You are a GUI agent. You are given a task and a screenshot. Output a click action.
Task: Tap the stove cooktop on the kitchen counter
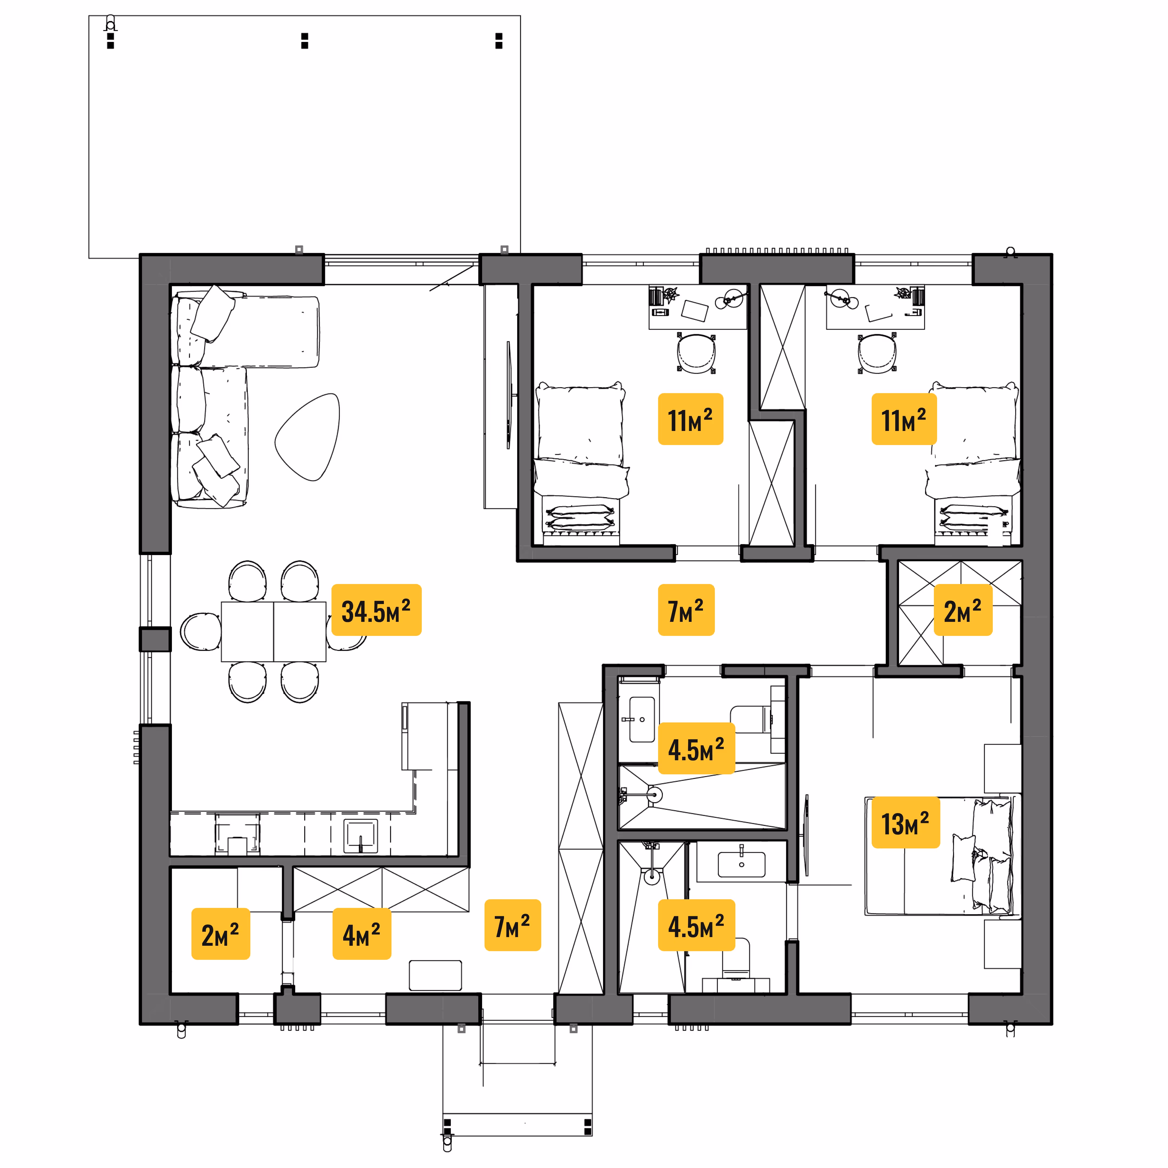tap(238, 834)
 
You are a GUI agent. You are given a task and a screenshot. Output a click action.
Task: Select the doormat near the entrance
tap(435, 975)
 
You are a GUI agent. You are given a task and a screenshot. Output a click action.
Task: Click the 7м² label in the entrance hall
tap(513, 925)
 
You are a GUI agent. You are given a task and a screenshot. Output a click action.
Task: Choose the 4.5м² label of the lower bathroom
tap(696, 925)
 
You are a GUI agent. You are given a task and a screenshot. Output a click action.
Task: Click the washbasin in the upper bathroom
tap(642, 719)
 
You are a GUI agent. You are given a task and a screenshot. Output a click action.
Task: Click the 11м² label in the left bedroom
tap(691, 419)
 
